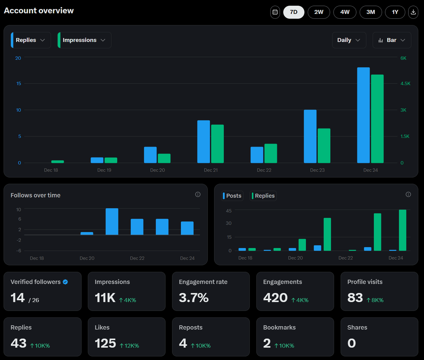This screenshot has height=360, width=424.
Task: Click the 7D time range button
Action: pos(294,12)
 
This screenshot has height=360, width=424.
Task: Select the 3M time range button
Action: pos(371,12)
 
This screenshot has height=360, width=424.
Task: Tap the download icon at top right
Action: pos(413,12)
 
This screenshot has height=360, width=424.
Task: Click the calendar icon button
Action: pos(275,12)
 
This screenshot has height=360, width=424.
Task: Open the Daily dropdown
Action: pos(349,40)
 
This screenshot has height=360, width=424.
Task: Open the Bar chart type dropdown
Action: pos(391,40)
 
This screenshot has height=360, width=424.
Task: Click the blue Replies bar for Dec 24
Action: pos(363,115)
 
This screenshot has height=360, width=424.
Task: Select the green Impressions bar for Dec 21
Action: pos(217,144)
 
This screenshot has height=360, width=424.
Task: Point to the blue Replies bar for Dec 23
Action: pos(310,136)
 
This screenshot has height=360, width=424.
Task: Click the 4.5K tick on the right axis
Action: pos(405,84)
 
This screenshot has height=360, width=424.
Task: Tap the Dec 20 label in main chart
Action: pos(158,170)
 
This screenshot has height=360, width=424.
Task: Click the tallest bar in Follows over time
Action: pos(112,222)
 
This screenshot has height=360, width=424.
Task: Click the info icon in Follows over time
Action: pos(198,194)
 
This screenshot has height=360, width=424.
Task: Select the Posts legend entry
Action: pos(232,196)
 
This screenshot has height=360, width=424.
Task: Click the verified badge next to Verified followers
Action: pos(65,282)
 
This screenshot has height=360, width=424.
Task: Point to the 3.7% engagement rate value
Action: pos(194,298)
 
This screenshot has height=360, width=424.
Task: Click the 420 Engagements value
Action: pos(275,298)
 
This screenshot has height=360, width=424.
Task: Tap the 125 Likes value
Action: pos(105,343)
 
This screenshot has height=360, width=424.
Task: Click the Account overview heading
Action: pos(39,11)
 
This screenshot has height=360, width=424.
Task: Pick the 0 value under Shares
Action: pos(352,343)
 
